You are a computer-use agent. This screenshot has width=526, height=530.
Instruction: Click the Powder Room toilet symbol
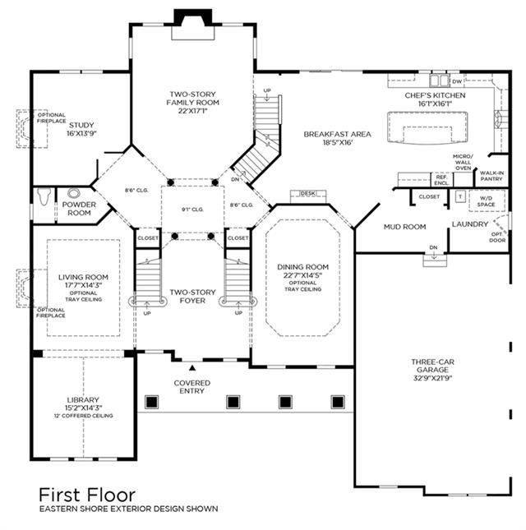(44, 196)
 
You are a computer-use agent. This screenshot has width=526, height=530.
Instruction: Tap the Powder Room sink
(74, 193)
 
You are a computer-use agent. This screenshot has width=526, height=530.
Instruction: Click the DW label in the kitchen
(457, 81)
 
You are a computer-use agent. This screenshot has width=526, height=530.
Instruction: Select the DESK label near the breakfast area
(307, 193)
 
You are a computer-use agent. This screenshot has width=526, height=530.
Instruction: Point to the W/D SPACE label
(486, 201)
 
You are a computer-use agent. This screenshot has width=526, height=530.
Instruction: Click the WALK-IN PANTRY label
(491, 176)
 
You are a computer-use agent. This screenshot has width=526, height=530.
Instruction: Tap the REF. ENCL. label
(442, 180)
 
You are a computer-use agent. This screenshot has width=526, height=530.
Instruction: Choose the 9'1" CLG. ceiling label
(192, 210)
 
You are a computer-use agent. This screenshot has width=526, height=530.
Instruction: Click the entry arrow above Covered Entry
(192, 368)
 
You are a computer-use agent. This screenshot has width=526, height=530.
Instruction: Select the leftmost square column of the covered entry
(152, 402)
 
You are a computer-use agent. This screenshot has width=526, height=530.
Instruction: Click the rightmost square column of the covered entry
(338, 402)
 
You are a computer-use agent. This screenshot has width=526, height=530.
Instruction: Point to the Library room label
(83, 400)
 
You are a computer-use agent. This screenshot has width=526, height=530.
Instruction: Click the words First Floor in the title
(87, 495)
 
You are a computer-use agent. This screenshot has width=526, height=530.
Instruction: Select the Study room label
(81, 125)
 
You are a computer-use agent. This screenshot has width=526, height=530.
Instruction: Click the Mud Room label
(404, 227)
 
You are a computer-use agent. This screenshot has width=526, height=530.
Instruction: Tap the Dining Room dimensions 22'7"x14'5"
(302, 275)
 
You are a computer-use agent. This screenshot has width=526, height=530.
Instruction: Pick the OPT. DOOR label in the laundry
(497, 237)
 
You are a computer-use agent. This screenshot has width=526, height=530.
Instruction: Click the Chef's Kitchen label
(435, 95)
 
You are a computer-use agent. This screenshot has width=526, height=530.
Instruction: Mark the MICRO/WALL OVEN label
(463, 162)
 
